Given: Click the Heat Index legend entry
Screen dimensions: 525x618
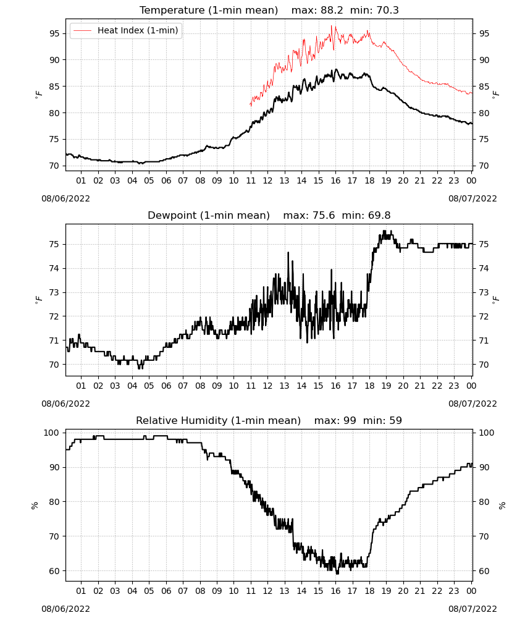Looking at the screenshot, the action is pos(126,30).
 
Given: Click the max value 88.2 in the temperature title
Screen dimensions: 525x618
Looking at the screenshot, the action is pos(332,10).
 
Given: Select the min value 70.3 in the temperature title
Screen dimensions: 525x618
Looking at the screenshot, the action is pos(387,10).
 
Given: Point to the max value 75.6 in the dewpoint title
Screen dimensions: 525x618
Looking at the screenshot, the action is pos(324,216).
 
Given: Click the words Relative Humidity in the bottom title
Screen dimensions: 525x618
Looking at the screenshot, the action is pos(182,420).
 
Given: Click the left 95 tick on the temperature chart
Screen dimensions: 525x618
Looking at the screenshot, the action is pos(54,33).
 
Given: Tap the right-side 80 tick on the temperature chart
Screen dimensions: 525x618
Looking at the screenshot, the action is pos(484,113).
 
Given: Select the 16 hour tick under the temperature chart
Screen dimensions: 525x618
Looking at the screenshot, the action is pos(335,180).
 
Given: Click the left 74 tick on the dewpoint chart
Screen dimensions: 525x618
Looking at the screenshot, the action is pos(54,268).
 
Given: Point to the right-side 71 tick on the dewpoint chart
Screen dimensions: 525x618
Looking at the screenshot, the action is pos(484,341).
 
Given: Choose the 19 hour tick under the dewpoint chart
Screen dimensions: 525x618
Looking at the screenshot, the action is pos(386,386).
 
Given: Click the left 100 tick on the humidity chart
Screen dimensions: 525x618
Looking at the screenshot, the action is pos(52,433).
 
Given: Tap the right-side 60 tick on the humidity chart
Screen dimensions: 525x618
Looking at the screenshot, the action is pos(484,571).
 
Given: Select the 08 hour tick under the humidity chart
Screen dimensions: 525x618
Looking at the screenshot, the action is pos(200,591).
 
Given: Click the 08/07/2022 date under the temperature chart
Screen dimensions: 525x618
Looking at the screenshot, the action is pos(472,198).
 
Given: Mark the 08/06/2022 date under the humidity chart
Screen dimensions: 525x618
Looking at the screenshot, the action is pos(65,609).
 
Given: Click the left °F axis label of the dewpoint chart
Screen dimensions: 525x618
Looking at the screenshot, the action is pos(38,300).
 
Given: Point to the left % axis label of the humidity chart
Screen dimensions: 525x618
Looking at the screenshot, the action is pos(35,506).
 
